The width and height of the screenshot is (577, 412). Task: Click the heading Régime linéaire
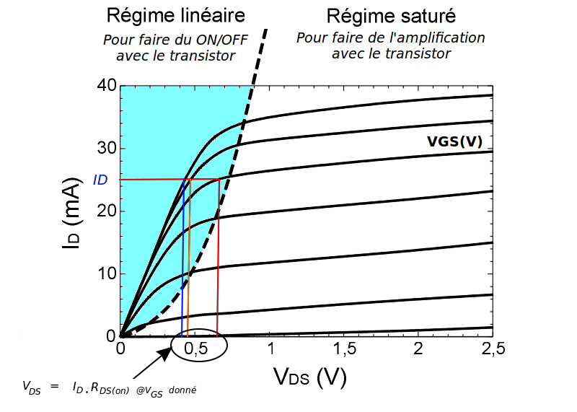175,14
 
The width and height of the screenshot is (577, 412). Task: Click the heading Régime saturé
390,14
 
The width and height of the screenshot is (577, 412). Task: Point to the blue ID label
100,180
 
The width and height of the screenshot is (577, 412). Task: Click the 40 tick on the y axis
106,86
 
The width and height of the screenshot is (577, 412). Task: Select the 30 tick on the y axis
106,149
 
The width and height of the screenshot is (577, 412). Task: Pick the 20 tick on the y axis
106,211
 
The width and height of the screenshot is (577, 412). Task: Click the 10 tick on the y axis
106,274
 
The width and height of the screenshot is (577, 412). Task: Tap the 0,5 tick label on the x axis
195,349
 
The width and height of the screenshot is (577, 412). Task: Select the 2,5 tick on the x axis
493,349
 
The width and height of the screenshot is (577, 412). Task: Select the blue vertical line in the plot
182,274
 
